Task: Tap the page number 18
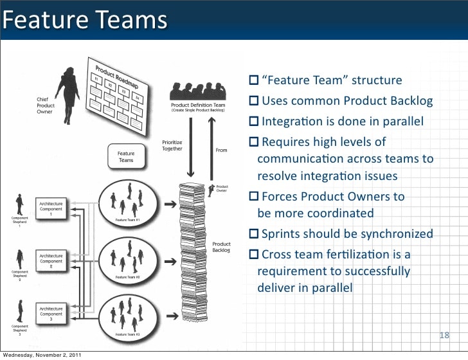(444, 335)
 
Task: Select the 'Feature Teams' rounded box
(126, 156)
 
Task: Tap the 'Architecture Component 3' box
(51, 313)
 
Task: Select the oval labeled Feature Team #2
(131, 258)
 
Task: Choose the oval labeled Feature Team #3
(131, 314)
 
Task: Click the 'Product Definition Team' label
(198, 105)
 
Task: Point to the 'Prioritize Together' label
(172, 145)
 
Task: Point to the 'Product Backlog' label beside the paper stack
(221, 248)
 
